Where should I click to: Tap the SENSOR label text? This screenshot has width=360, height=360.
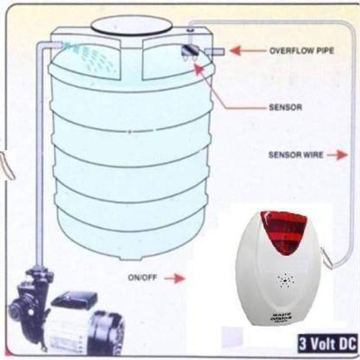click(284, 107)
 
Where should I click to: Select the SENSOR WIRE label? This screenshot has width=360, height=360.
click(296, 154)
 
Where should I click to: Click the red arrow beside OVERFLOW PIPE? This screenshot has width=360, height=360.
click(248, 51)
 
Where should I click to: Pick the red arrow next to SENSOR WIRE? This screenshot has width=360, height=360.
click(338, 154)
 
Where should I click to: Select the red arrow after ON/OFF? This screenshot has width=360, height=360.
click(175, 276)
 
